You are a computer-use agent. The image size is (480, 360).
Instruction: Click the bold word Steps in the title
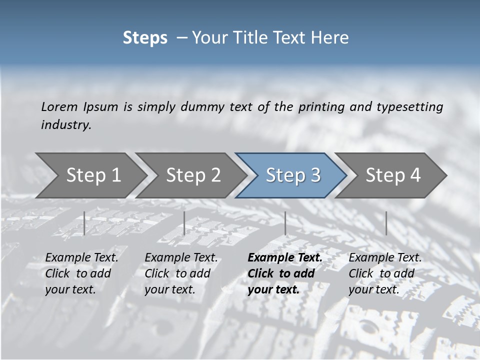pos(145,38)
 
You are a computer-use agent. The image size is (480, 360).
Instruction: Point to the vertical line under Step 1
pos(84,223)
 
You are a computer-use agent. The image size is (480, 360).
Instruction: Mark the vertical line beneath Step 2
pos(184,223)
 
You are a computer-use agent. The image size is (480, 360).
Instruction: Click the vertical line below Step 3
pos(285,223)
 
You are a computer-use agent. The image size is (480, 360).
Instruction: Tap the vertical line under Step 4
pos(386,223)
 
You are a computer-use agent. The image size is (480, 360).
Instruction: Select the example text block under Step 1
pos(81,273)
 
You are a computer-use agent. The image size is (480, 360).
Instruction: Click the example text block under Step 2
pos(181,273)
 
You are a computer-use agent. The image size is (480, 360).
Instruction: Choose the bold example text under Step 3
pos(285,273)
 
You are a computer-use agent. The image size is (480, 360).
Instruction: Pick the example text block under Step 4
pos(385,273)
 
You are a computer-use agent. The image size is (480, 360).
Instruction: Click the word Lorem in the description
pos(59,107)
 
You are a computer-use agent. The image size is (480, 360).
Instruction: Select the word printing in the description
pos(321,107)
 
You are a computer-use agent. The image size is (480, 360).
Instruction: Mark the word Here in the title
pos(330,38)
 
